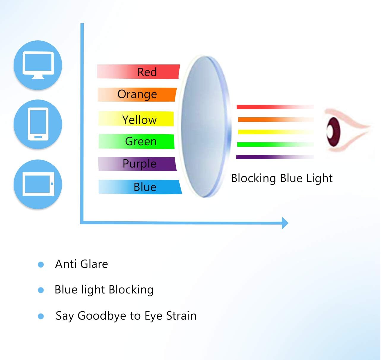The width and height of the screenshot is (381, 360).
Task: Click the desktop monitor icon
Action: tap(38, 65)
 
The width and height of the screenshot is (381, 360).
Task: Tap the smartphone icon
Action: tap(38, 124)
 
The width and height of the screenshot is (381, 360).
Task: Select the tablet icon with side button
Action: tap(38, 184)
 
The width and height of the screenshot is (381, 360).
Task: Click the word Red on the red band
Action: tap(147, 72)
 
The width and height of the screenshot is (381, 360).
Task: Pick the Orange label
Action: tap(137, 94)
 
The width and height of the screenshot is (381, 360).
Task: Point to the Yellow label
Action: tap(139, 120)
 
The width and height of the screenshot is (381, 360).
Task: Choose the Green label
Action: tap(141, 141)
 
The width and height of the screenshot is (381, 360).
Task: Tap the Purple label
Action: tap(139, 164)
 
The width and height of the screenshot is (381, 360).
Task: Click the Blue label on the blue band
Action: tap(145, 187)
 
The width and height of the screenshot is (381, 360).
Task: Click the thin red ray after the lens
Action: tap(275, 107)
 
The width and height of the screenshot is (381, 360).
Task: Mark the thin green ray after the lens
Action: tap(275, 145)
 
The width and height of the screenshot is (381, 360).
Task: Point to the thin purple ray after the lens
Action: tap(275, 157)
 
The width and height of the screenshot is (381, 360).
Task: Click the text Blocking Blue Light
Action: tap(282, 178)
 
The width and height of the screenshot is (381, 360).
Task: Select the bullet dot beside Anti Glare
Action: tap(41, 264)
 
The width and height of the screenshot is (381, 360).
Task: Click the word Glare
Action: tap(94, 264)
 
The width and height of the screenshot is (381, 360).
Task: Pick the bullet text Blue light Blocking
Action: tap(104, 290)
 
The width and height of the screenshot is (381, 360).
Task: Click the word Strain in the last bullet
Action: tap(181, 316)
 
